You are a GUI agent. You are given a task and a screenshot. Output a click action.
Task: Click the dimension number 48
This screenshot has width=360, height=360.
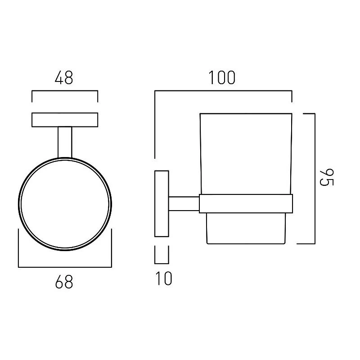(64, 77)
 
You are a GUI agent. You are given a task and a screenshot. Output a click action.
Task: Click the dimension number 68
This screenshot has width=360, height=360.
(64, 282)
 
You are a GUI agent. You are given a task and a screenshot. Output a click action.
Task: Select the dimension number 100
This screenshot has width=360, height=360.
(222, 77)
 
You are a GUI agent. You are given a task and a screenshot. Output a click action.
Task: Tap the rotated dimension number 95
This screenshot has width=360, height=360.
(327, 177)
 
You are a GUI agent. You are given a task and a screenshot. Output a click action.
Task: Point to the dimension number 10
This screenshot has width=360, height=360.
(163, 279)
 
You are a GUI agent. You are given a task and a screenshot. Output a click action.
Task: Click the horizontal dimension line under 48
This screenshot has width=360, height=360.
(65, 91)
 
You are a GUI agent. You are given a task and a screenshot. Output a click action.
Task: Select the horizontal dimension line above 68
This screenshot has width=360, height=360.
(65, 267)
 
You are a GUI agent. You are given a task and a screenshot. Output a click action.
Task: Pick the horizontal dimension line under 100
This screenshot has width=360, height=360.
(223, 91)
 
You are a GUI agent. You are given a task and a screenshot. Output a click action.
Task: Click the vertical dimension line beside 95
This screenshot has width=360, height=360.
(315, 178)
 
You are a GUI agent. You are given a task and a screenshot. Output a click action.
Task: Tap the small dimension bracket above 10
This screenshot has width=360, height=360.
(162, 263)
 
